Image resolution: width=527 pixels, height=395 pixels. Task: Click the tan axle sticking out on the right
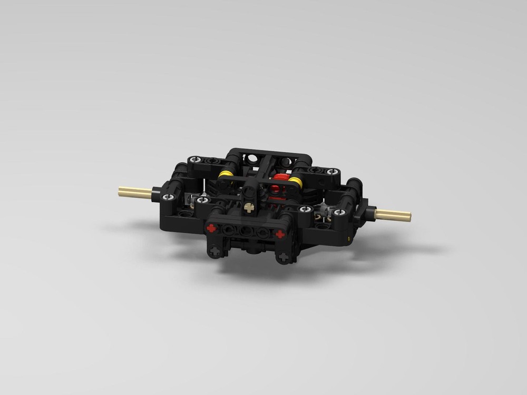point(393,215)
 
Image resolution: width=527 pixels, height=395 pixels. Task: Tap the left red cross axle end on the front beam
point(212,228)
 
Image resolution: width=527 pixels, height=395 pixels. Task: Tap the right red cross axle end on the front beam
point(280,233)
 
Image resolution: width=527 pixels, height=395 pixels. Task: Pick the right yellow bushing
point(296,183)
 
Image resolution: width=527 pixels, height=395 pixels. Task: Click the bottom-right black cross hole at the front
point(283,257)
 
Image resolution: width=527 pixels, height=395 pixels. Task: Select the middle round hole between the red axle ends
point(246,231)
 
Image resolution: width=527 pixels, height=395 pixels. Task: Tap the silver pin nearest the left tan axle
point(168,197)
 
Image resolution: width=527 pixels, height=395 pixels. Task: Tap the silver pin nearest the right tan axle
point(340,212)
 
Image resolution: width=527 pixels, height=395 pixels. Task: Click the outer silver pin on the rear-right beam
point(333,172)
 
